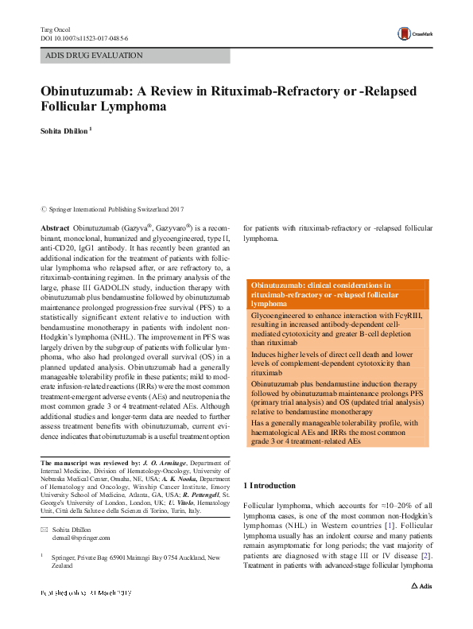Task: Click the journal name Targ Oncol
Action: point(56,29)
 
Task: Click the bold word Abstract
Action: point(55,228)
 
